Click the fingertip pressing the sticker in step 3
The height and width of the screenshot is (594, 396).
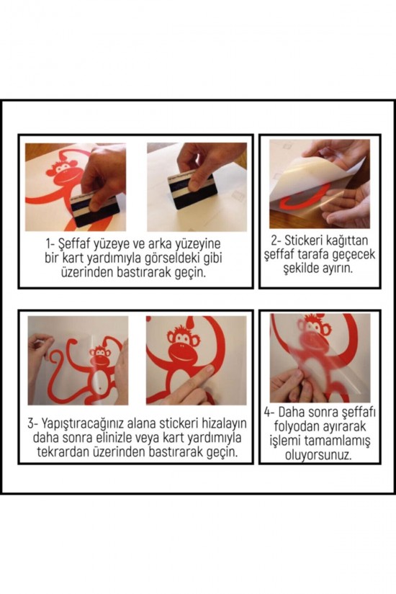click(210, 375)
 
